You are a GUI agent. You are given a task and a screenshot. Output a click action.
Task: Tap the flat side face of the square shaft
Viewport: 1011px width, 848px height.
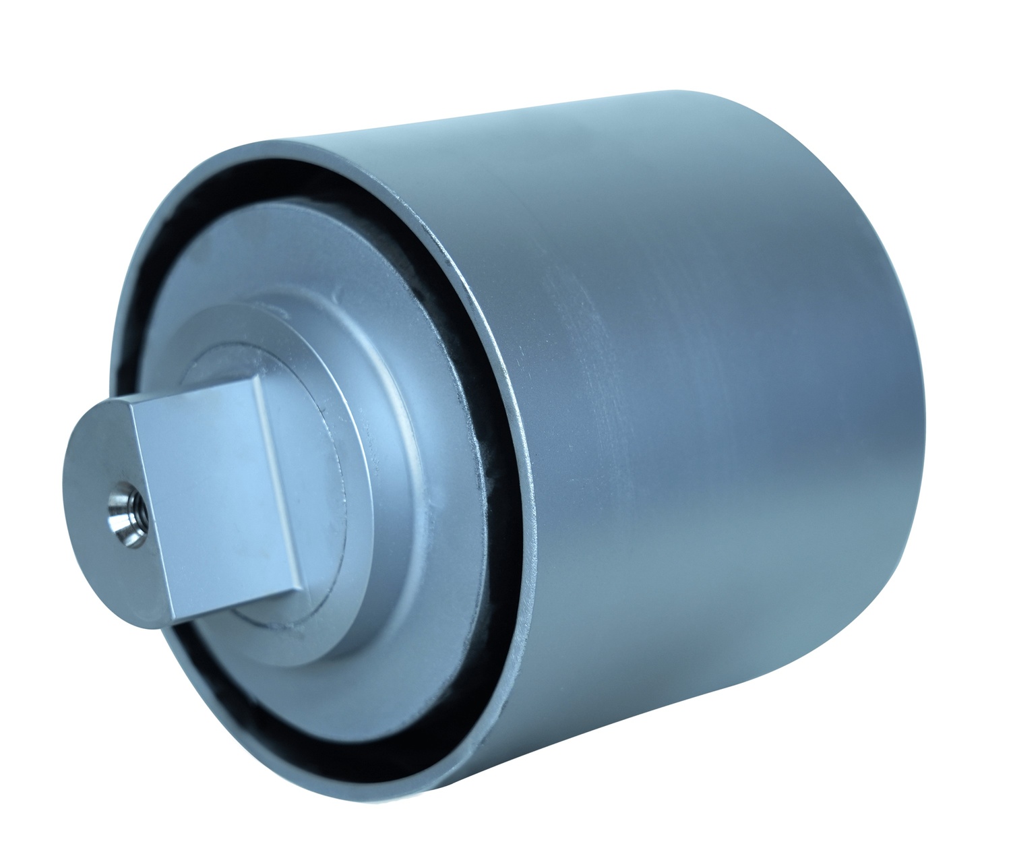[x=216, y=485]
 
